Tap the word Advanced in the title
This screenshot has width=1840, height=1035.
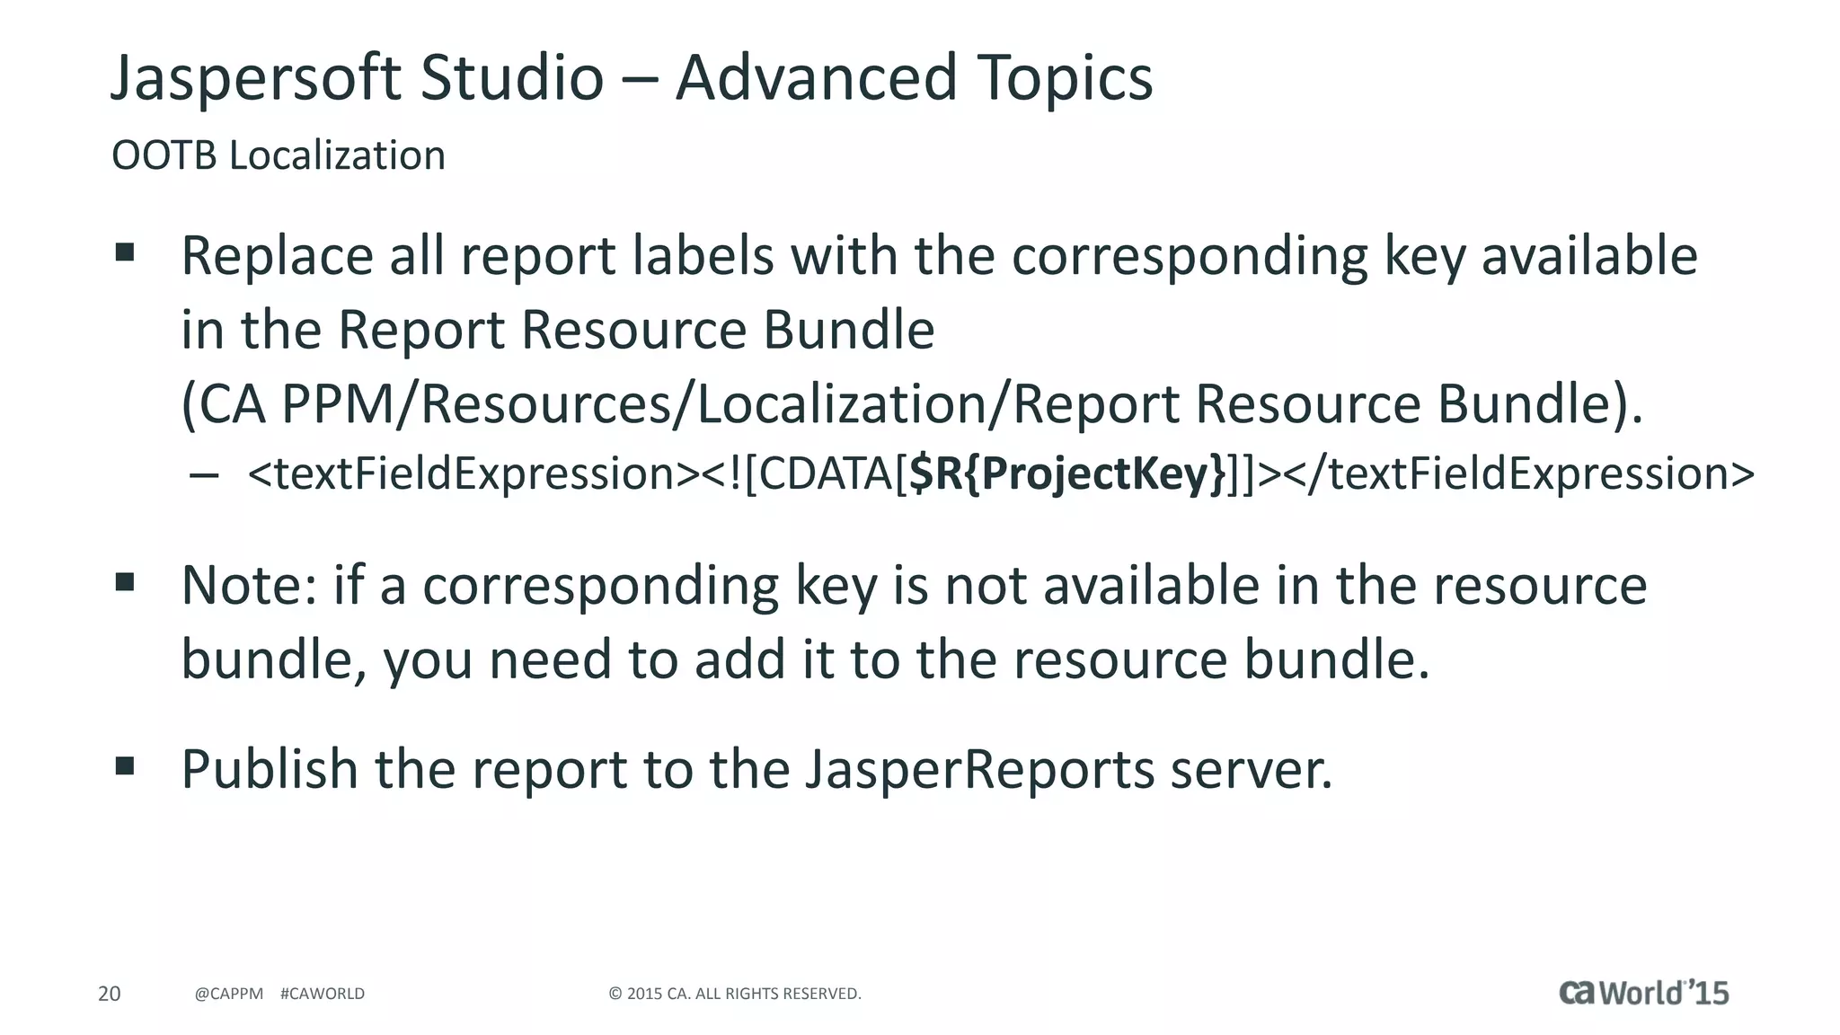click(816, 77)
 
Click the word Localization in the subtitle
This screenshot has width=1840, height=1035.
click(337, 155)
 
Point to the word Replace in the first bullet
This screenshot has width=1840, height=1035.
click(277, 257)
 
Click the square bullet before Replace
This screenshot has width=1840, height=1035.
click(125, 252)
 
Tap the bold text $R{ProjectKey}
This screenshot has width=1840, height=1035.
click(1067, 473)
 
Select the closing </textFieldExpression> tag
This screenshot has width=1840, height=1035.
click(1518, 473)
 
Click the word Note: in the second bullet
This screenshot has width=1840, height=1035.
click(249, 586)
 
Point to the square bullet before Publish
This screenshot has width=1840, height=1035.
click(125, 766)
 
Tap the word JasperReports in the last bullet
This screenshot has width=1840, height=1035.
click(979, 770)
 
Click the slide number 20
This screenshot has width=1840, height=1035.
click(109, 994)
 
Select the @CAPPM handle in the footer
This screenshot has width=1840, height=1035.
click(229, 994)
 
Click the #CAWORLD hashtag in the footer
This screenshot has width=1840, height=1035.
click(323, 994)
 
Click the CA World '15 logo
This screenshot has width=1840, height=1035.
click(1643, 992)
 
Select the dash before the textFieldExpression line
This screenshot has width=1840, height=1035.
click(205, 475)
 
